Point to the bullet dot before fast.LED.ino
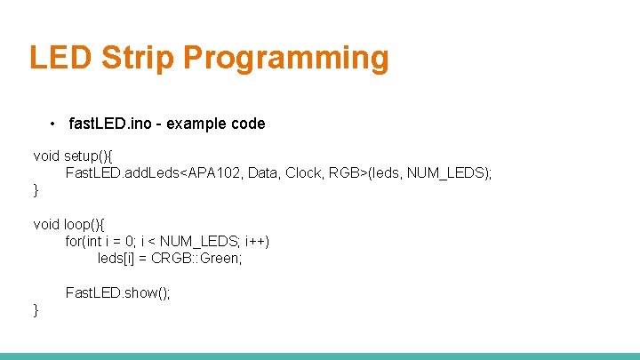click(54, 124)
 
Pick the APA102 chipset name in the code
click(212, 172)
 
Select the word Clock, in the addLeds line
click(305, 172)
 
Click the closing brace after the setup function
click(36, 189)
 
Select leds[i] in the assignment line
click(115, 258)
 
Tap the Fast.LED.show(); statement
click(117, 292)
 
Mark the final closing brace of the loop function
click(36, 309)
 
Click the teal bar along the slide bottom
click(320, 356)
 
